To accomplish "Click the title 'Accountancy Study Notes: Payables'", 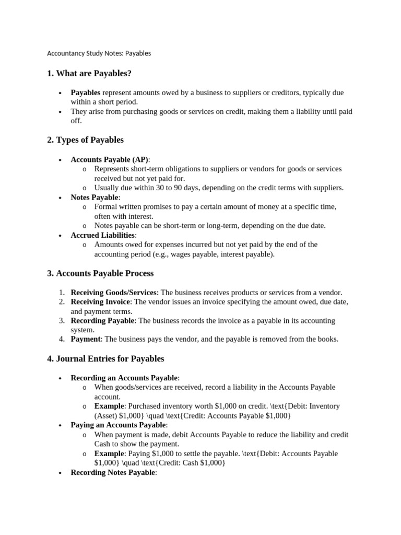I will (x=99, y=53).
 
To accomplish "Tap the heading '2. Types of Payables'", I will (x=85, y=140).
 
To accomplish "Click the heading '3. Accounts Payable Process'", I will (x=100, y=273).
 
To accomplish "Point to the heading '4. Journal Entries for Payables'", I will (x=105, y=358).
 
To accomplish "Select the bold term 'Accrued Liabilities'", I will (x=103, y=235).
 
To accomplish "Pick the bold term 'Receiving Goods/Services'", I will (x=113, y=293).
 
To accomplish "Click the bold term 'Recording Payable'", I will (x=102, y=320).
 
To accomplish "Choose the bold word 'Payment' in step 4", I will (x=85, y=339).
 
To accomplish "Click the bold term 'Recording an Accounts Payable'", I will (x=124, y=378).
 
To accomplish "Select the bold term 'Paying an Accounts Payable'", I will (x=120, y=425).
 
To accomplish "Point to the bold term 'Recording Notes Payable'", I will (x=113, y=472).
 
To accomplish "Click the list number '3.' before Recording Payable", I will (x=61, y=320).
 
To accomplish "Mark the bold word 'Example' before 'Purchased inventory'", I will (x=109, y=406).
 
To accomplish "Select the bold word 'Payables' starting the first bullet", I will (x=85, y=92).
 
